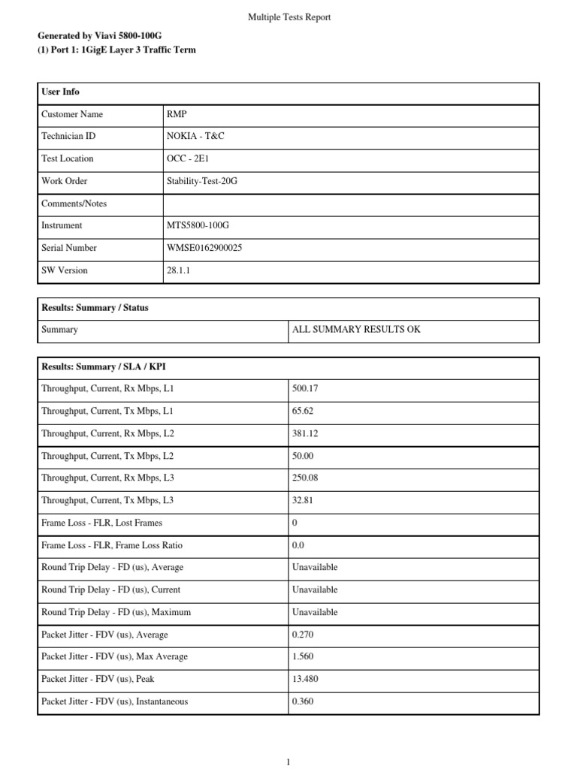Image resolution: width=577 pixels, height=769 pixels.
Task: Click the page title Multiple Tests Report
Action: click(289, 17)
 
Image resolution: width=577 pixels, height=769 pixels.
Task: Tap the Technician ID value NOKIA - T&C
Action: click(195, 137)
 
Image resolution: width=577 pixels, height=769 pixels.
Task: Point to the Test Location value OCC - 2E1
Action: click(189, 159)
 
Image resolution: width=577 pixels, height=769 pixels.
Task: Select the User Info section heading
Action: click(60, 92)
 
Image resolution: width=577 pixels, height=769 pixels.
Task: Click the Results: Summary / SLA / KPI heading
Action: click(98, 366)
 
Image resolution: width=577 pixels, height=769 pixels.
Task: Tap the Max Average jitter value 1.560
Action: click(304, 657)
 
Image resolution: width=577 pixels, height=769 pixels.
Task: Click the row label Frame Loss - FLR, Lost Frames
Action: click(101, 523)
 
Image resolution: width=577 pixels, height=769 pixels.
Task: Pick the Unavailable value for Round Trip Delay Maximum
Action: click(315, 612)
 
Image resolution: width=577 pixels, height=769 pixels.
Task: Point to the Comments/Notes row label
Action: click(74, 204)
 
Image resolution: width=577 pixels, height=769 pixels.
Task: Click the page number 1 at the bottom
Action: click(288, 761)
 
